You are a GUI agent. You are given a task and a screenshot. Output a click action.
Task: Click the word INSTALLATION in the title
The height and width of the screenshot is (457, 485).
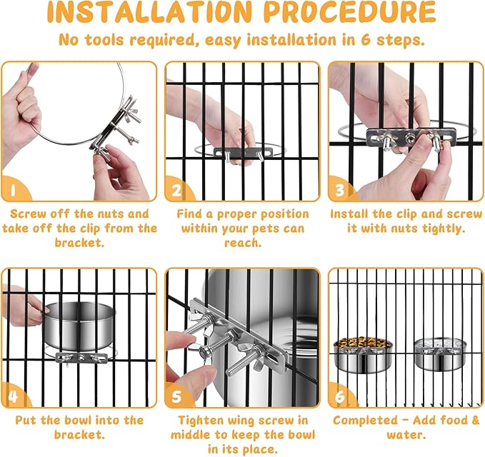click(x=149, y=11)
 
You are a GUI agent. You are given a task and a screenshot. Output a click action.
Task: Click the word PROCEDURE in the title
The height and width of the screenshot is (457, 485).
click(x=350, y=11)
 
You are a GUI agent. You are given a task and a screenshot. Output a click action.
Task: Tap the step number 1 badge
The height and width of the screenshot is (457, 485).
click(x=14, y=189)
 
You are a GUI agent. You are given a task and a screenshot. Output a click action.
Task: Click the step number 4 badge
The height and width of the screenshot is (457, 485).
click(x=14, y=395)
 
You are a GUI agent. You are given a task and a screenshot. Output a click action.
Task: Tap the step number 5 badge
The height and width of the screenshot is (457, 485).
click(x=178, y=395)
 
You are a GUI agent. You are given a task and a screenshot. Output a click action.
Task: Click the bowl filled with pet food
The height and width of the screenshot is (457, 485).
click(x=363, y=356)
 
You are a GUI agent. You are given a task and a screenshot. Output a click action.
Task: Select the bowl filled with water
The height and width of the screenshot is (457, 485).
click(x=440, y=354)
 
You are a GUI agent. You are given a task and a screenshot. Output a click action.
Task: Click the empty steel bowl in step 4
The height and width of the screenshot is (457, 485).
click(x=79, y=327)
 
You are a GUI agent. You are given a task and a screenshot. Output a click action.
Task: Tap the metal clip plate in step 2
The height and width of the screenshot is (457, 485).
click(x=244, y=153)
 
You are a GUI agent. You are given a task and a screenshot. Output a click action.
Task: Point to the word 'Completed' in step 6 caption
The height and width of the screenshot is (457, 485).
click(x=366, y=420)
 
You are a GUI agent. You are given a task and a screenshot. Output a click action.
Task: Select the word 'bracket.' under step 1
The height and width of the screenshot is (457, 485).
click(x=79, y=243)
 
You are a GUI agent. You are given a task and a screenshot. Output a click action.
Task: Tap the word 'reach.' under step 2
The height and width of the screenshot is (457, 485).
click(x=243, y=243)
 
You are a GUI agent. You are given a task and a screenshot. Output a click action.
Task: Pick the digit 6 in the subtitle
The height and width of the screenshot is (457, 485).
click(x=366, y=40)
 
